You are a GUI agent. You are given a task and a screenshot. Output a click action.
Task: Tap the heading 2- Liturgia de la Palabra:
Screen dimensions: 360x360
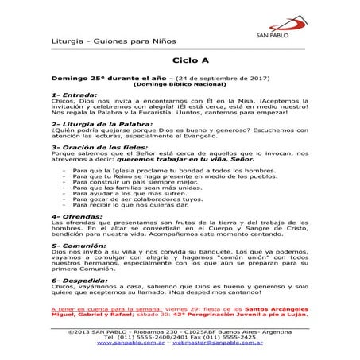(99, 125)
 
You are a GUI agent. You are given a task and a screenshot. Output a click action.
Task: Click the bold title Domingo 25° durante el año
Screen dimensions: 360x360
(106, 78)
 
